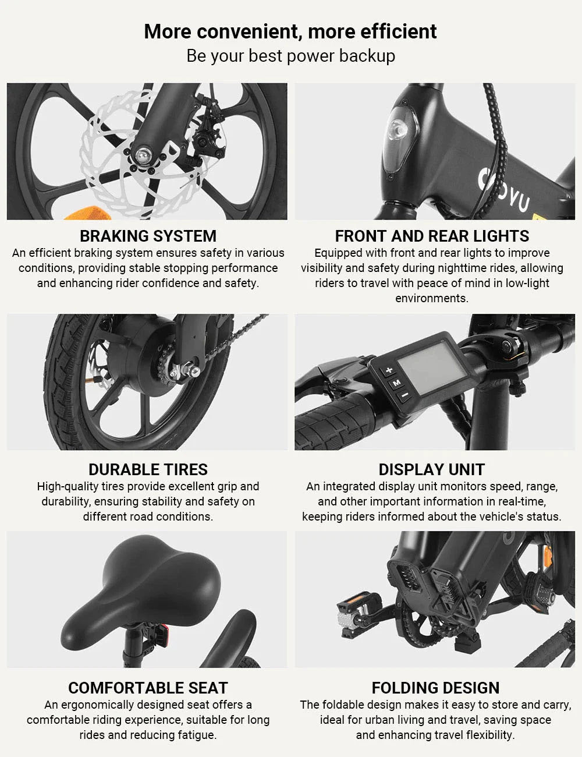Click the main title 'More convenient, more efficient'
pyautogui.click(x=290, y=31)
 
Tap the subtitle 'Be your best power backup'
pyautogui.click(x=290, y=56)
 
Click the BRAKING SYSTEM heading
pyautogui.click(x=148, y=236)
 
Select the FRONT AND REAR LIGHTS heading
pyautogui.click(x=432, y=236)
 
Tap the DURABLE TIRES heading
pyautogui.click(x=148, y=470)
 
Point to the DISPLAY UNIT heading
pyautogui.click(x=431, y=470)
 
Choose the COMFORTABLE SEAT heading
pyautogui.click(x=148, y=688)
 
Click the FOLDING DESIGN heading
pyautogui.click(x=435, y=688)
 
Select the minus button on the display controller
pyautogui.click(x=403, y=395)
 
